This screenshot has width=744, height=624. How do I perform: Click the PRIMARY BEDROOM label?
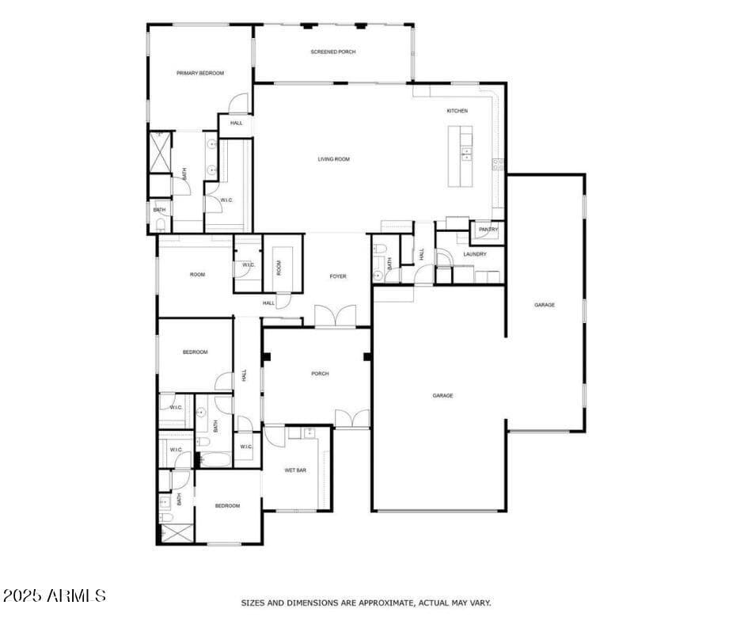[x=199, y=73]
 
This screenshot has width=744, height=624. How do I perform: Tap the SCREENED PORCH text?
[x=332, y=51]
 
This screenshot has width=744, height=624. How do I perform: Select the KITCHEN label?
[x=457, y=111]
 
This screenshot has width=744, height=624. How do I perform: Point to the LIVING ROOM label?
[x=333, y=159]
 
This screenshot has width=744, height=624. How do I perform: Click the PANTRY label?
[x=488, y=230]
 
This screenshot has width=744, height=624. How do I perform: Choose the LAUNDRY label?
[x=475, y=254]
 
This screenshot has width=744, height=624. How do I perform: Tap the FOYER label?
[x=338, y=276]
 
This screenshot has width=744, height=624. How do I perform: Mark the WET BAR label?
[x=295, y=470]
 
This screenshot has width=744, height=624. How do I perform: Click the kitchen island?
[x=460, y=156]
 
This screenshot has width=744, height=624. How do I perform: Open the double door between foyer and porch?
[x=335, y=318]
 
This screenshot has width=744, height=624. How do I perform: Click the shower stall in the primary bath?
[x=161, y=152]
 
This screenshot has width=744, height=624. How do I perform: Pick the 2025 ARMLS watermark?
[x=54, y=595]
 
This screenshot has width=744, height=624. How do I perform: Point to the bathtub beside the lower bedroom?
[x=214, y=458]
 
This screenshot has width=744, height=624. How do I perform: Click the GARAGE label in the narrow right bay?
[x=544, y=305]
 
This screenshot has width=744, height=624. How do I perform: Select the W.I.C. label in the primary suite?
[x=226, y=200]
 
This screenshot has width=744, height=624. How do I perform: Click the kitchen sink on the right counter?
[x=497, y=164]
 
